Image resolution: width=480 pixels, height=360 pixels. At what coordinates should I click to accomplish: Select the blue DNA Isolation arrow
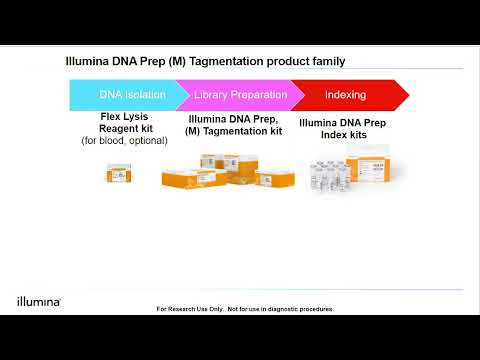tap(122, 95)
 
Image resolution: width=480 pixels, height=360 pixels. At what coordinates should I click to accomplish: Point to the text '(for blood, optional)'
tap(124, 141)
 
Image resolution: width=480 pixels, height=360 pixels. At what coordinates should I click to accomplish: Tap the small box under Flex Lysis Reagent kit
tap(122, 176)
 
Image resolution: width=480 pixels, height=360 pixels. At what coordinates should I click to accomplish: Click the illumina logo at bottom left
tap(39, 300)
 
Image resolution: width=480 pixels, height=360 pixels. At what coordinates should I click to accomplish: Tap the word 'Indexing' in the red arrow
tap(345, 95)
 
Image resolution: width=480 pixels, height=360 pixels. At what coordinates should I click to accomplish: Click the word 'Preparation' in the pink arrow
tap(262, 95)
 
